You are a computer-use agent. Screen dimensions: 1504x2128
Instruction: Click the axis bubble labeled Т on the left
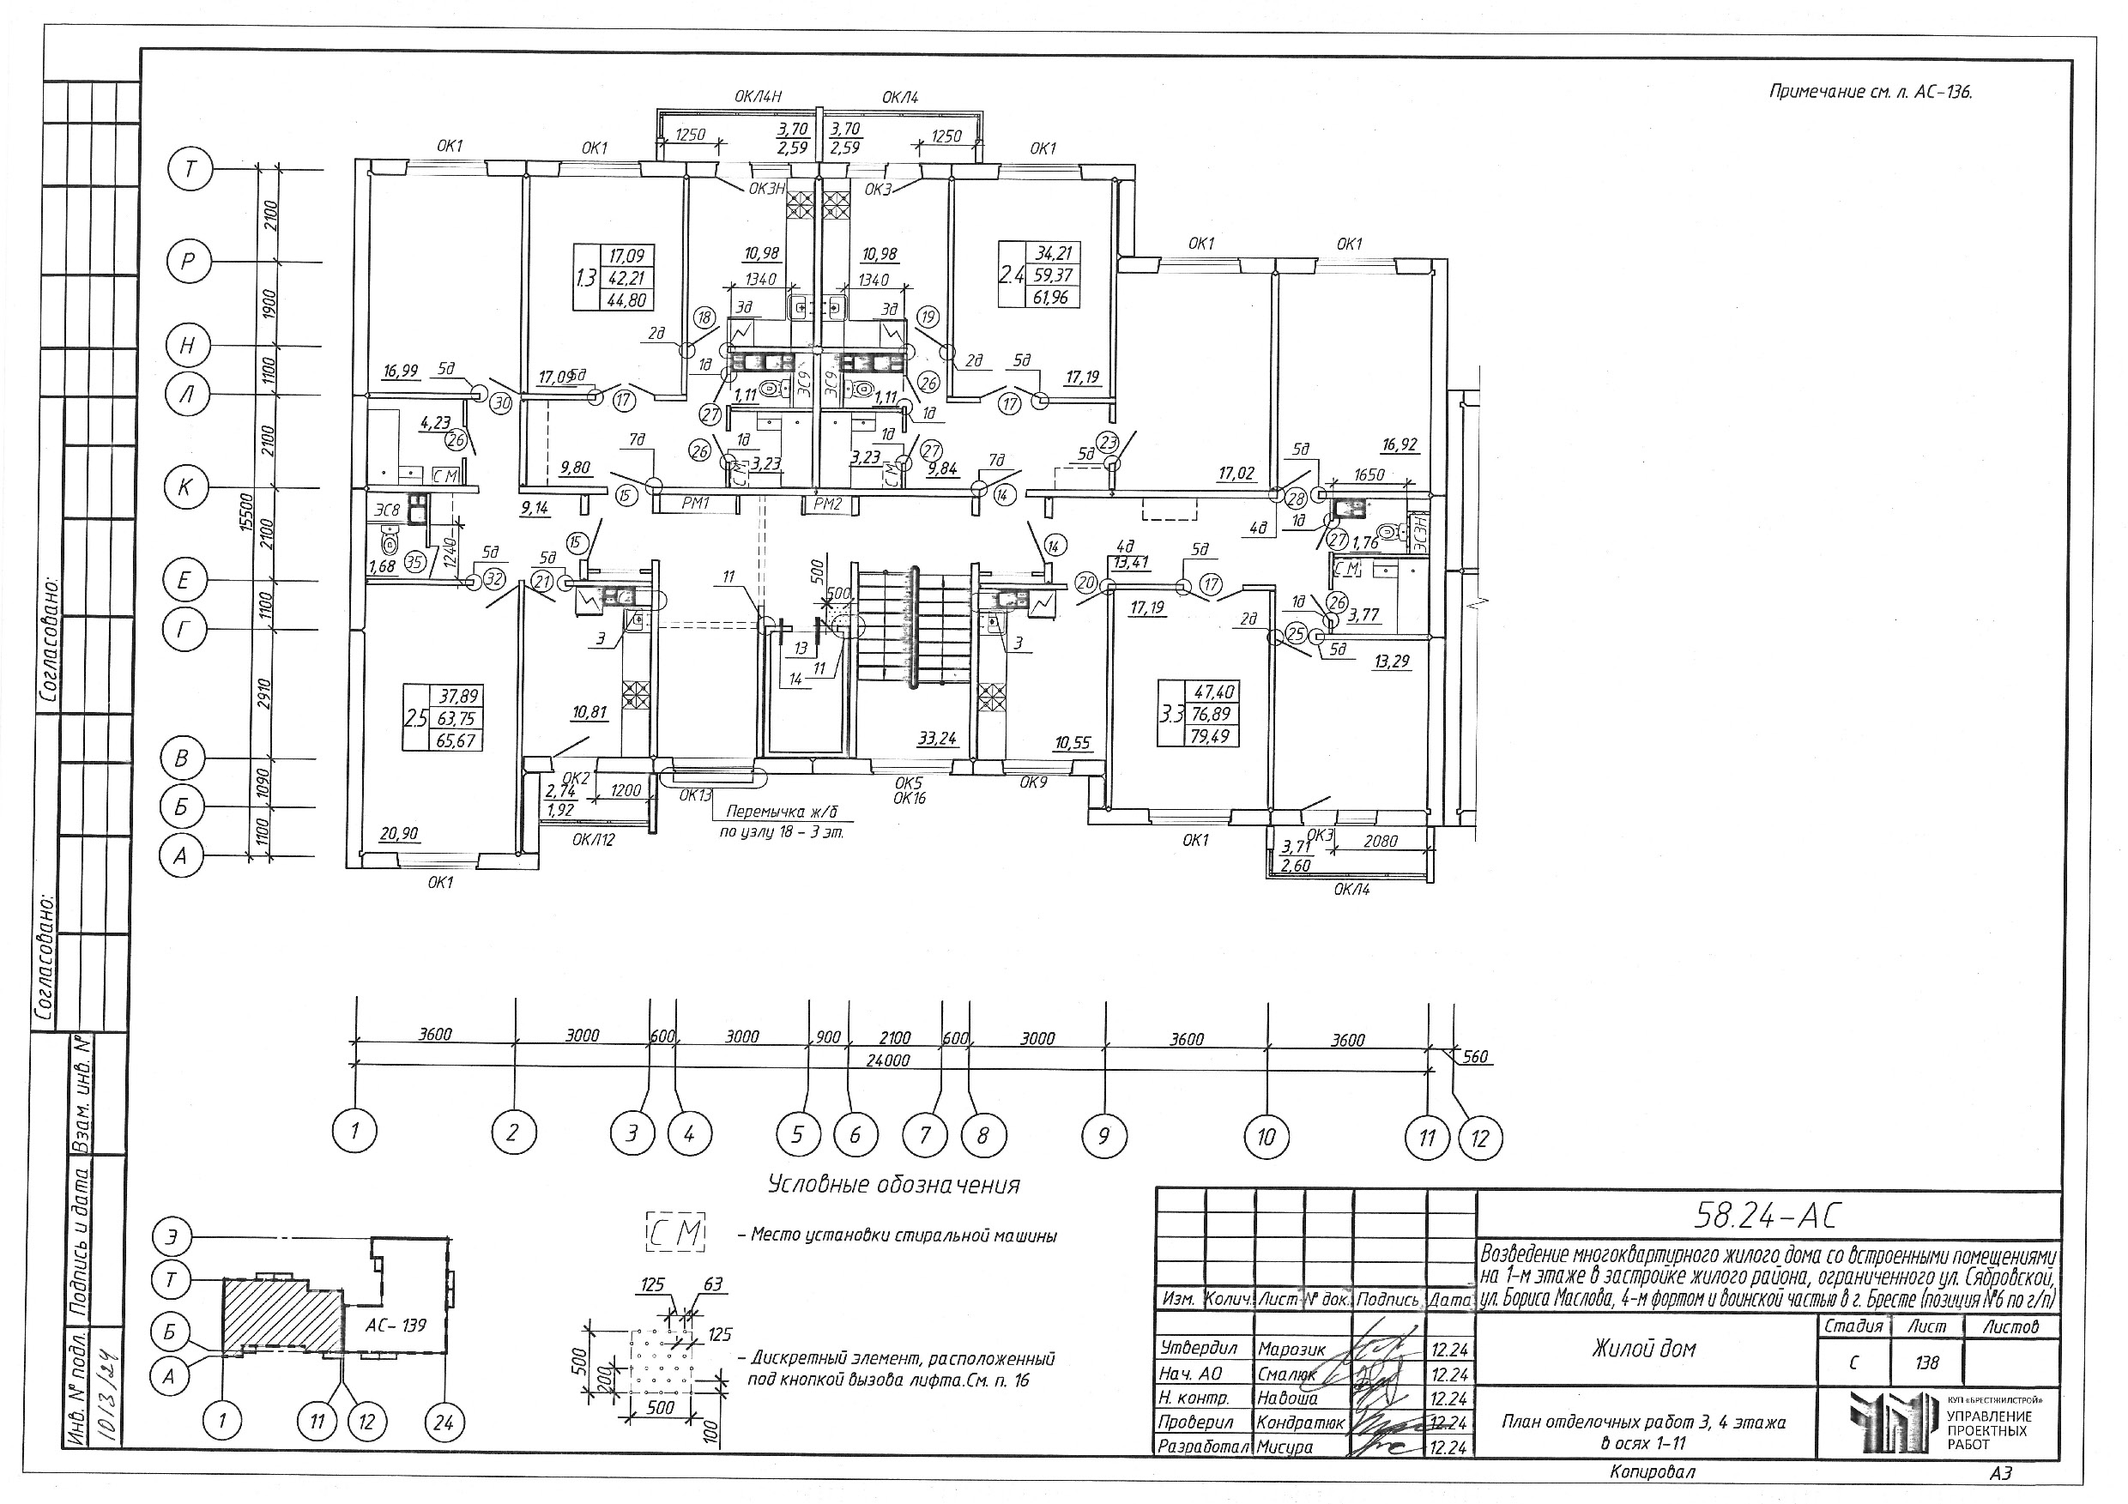point(190,170)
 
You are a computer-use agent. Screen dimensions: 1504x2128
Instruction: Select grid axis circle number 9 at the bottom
point(1103,1134)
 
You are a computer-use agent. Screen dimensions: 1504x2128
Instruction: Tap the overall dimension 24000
point(887,1060)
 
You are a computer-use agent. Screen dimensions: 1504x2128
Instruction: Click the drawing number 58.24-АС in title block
point(1767,1215)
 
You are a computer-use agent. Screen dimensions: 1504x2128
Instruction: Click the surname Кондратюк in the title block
point(1299,1422)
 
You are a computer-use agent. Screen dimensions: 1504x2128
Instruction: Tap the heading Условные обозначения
point(893,1184)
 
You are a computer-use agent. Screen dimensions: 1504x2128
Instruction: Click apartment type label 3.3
point(1172,714)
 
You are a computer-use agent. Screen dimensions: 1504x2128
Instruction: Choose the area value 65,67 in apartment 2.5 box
point(454,740)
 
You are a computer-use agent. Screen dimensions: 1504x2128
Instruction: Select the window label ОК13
point(695,794)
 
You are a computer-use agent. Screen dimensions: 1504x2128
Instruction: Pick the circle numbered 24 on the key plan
point(443,1421)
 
